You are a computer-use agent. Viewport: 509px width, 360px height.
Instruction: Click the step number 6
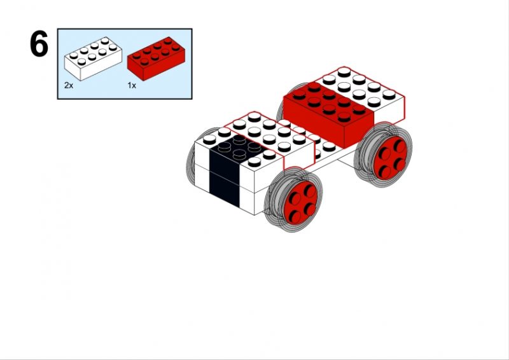pyautogui.click(x=39, y=44)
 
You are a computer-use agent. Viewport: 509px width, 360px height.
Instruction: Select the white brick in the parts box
pyautogui.click(x=93, y=59)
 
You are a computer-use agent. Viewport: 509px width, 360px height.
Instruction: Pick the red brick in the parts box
pyautogui.click(x=156, y=59)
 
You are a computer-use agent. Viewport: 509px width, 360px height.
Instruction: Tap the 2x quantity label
pyautogui.click(x=69, y=86)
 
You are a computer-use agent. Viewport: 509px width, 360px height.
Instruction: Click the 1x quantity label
pyautogui.click(x=132, y=86)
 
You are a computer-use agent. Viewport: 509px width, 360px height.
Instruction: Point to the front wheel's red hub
pyautogui.click(x=300, y=202)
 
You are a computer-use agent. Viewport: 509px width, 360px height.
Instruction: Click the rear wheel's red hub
pyautogui.click(x=390, y=158)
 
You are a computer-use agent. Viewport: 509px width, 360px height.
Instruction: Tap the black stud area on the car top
pyautogui.click(x=240, y=148)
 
